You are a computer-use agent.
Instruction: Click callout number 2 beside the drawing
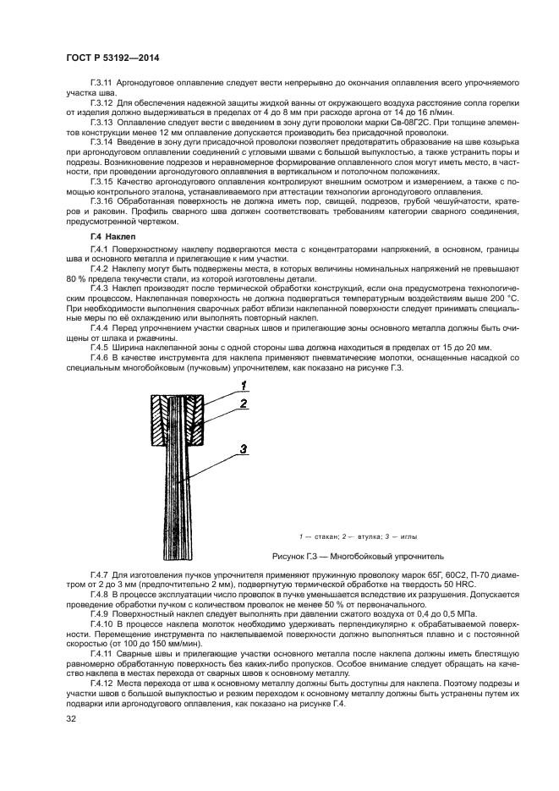[x=242, y=404]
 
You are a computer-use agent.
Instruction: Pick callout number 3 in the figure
[x=242, y=449]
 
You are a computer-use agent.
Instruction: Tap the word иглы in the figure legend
[x=405, y=536]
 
